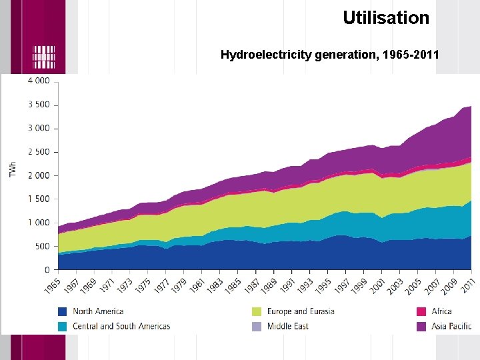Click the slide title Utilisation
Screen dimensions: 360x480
(386, 18)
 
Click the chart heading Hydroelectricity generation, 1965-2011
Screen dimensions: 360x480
(329, 55)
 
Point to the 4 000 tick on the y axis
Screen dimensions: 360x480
(38, 81)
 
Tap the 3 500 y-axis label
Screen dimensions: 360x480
(38, 105)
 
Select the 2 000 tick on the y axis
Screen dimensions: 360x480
(38, 175)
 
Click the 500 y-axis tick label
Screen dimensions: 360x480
(42, 247)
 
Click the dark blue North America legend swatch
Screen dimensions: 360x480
(63, 311)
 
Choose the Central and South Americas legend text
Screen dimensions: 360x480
(121, 326)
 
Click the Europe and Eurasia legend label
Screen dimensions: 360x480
(301, 311)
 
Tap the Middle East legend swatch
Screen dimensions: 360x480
(257, 326)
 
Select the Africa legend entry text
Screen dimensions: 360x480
(441, 311)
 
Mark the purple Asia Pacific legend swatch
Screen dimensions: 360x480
(421, 326)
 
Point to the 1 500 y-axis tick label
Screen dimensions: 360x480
(38, 199)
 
